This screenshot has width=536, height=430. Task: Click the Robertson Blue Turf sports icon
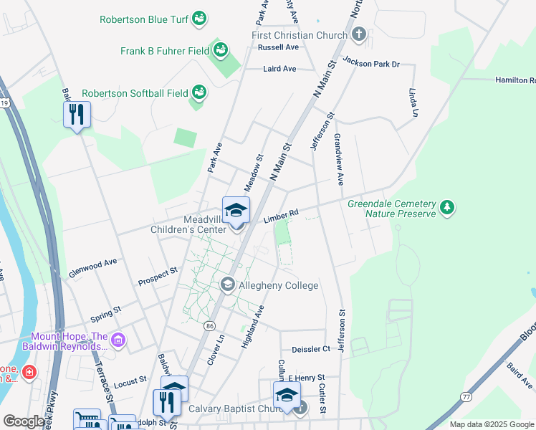[x=200, y=17]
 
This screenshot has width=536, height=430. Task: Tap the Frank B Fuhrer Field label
[x=165, y=51]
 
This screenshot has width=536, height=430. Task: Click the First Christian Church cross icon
[x=359, y=34]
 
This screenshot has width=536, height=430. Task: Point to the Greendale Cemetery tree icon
[x=447, y=208]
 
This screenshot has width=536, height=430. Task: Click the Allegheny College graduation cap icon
[x=228, y=285]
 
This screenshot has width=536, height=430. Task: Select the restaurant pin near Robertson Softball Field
[x=77, y=115]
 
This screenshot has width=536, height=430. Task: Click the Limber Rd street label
[x=280, y=216]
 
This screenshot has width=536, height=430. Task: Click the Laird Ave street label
[x=279, y=69]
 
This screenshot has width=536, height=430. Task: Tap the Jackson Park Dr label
[x=370, y=62]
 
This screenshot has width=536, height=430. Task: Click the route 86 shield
[x=209, y=325]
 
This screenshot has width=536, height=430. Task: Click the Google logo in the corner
[x=24, y=421]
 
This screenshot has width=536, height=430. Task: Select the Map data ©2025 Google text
[x=491, y=424]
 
